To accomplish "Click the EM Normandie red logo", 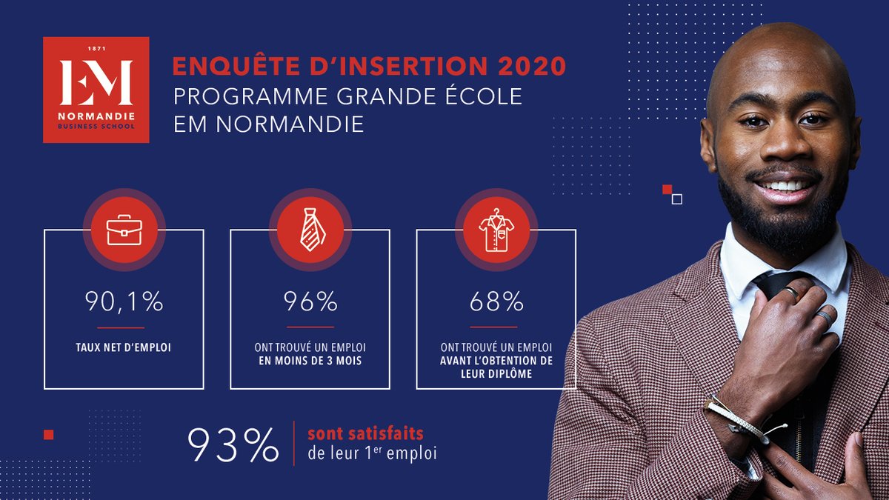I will [96, 90].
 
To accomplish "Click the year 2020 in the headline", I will [530, 67].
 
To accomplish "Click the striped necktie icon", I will [310, 229].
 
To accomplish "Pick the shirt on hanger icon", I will [496, 229].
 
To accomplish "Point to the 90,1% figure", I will [124, 302].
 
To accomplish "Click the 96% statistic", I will [310, 302].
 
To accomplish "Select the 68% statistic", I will [496, 302].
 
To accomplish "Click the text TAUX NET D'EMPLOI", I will [124, 347].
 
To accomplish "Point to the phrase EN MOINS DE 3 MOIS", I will [310, 360].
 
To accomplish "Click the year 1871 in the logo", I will [97, 49].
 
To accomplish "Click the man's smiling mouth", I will [782, 186].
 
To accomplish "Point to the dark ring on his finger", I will [822, 318].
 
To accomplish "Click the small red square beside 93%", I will [49, 435].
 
